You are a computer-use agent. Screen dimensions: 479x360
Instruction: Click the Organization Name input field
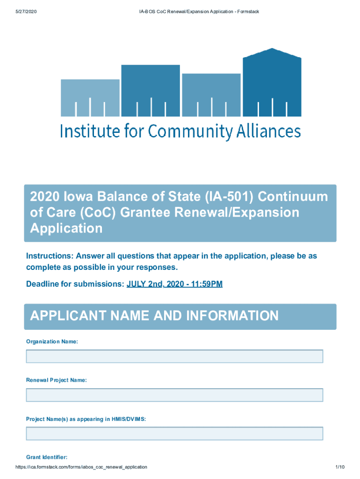(x=174, y=356)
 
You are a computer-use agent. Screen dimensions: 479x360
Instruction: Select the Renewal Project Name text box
(x=174, y=395)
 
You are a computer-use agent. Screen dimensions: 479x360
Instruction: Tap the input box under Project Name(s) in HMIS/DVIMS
(x=174, y=434)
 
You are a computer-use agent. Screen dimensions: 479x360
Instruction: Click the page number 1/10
(x=340, y=467)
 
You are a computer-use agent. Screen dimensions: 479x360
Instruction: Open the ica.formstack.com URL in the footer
(x=81, y=467)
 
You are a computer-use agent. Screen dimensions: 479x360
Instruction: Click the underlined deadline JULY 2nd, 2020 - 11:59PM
(x=174, y=284)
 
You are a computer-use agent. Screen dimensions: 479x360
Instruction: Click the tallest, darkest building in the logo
(x=272, y=83)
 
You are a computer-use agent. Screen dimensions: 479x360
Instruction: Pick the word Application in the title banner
(x=66, y=228)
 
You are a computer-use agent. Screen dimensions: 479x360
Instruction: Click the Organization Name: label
(x=52, y=342)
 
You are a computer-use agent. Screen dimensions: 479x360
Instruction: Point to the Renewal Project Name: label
(x=56, y=380)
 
